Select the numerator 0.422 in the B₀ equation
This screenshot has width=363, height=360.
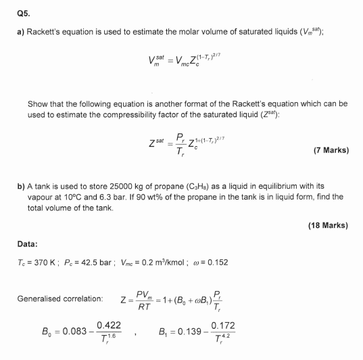(x=110, y=325)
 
